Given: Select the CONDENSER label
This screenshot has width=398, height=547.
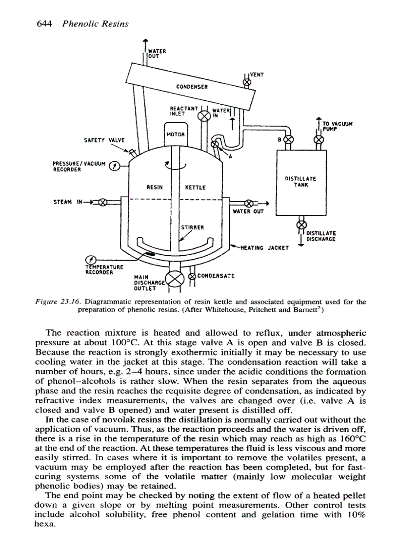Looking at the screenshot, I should point(193,87).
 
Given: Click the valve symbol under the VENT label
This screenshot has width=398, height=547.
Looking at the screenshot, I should point(247,83).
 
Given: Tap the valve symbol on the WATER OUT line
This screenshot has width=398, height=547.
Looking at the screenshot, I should point(249,203).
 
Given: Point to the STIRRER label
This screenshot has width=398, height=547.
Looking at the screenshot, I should point(192,227).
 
